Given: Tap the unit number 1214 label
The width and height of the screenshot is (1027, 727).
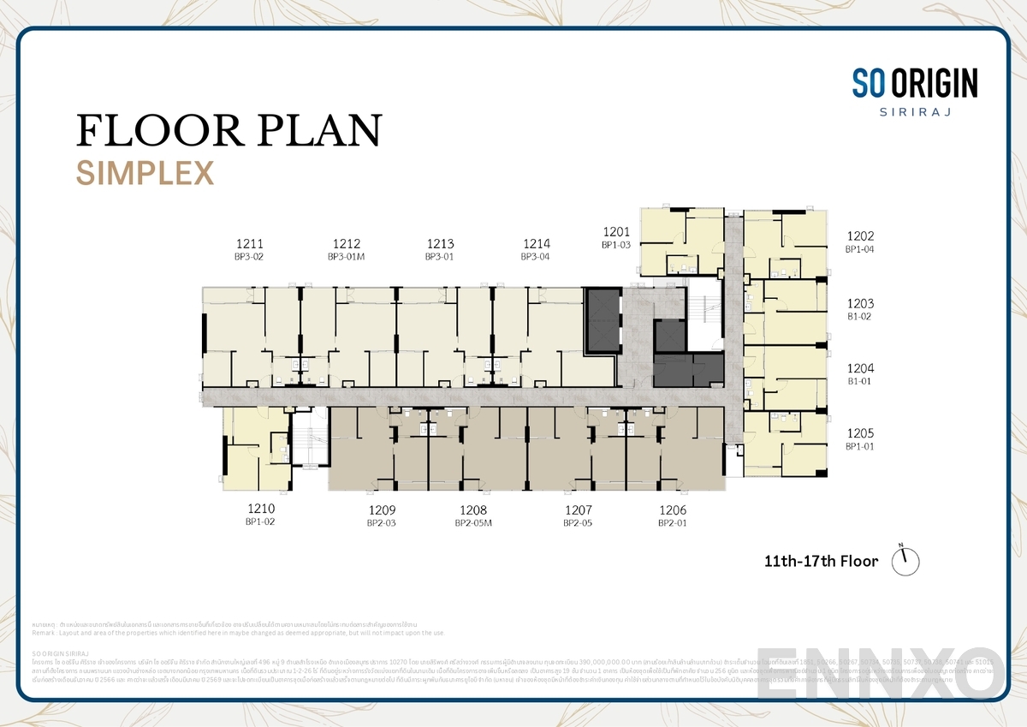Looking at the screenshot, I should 536,243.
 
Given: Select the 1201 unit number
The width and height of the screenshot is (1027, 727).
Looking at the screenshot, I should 616,231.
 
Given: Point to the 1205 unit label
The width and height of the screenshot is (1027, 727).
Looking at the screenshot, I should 860,433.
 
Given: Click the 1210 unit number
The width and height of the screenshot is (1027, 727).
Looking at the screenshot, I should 260,509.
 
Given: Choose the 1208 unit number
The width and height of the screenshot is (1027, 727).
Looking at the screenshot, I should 473,510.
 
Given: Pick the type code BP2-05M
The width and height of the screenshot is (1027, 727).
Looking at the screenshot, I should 473,523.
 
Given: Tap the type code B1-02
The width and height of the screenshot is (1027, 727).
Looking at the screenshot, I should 859,316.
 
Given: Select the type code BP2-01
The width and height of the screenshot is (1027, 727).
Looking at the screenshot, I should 673,523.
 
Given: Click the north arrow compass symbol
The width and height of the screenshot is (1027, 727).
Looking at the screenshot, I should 905,560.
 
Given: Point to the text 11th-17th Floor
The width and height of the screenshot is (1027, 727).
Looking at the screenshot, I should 821,562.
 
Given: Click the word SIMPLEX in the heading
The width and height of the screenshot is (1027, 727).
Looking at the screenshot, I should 145,173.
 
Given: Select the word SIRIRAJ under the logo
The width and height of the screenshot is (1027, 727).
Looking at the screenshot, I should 914,112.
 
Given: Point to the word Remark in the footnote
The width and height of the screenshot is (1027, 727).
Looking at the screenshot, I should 45,633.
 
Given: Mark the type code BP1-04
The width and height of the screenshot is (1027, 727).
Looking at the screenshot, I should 859,249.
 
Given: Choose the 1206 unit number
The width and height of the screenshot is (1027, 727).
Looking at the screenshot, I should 673,510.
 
